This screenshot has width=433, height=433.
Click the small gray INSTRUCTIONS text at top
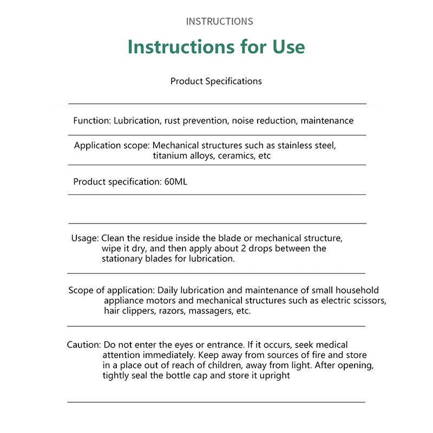coord(219,22)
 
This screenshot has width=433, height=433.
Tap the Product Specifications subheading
coord(216,81)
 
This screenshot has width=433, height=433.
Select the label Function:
coord(92,121)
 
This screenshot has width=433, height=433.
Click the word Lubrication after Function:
coord(136,121)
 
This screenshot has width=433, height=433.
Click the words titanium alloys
coord(177,156)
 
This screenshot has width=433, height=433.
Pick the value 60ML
coord(175,182)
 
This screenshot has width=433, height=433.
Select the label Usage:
coord(85,238)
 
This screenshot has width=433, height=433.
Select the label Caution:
coord(84,345)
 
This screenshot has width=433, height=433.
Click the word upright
coord(274,376)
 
